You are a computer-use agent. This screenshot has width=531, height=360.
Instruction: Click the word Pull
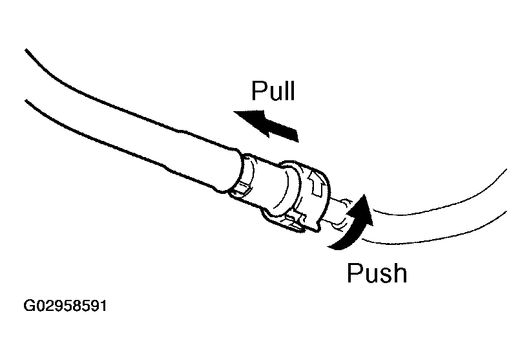(273, 91)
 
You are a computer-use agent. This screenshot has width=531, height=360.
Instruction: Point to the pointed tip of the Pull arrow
(236, 115)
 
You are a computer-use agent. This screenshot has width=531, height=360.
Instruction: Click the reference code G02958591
(65, 304)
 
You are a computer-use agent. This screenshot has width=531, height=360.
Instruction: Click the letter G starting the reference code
(29, 304)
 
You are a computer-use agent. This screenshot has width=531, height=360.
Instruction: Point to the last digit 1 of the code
(101, 304)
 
